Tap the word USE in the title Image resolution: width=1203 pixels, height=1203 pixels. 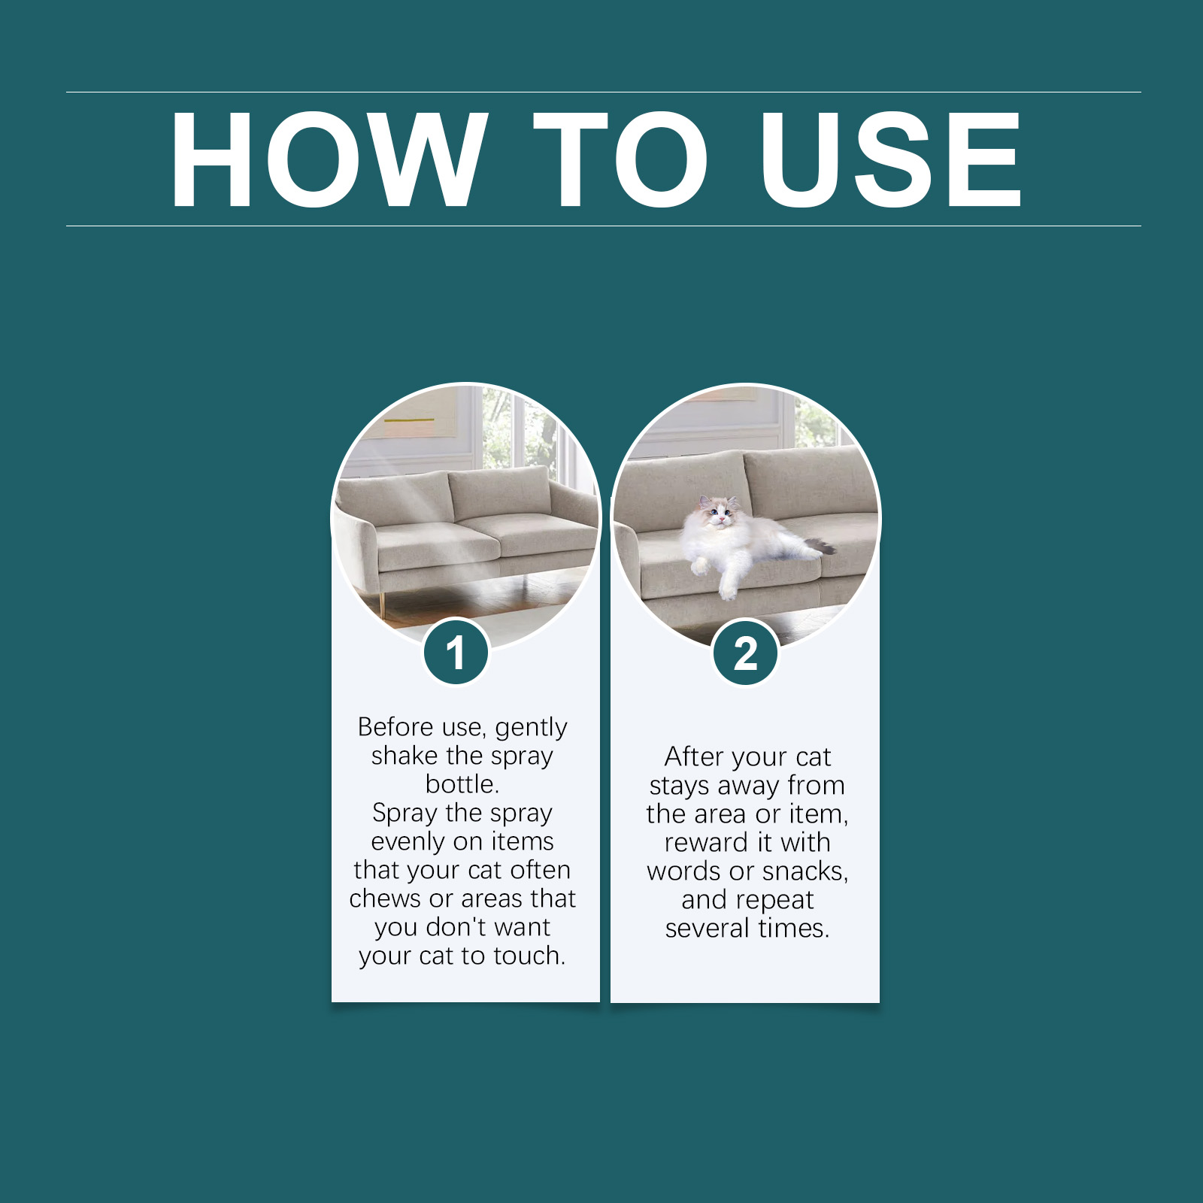[891, 159]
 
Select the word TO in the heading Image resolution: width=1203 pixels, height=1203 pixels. [621, 159]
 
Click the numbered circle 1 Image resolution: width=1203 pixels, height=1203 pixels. [456, 653]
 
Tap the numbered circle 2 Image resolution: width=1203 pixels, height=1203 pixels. [745, 653]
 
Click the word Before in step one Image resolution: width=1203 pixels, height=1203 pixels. [395, 727]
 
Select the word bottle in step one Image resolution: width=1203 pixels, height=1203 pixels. [459, 784]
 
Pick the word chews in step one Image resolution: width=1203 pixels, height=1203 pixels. [385, 898]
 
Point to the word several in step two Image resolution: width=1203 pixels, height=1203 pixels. [708, 928]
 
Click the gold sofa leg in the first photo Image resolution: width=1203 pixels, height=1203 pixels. [383, 602]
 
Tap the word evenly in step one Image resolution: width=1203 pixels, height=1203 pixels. [409, 842]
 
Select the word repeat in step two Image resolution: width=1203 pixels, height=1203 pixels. [777, 901]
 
